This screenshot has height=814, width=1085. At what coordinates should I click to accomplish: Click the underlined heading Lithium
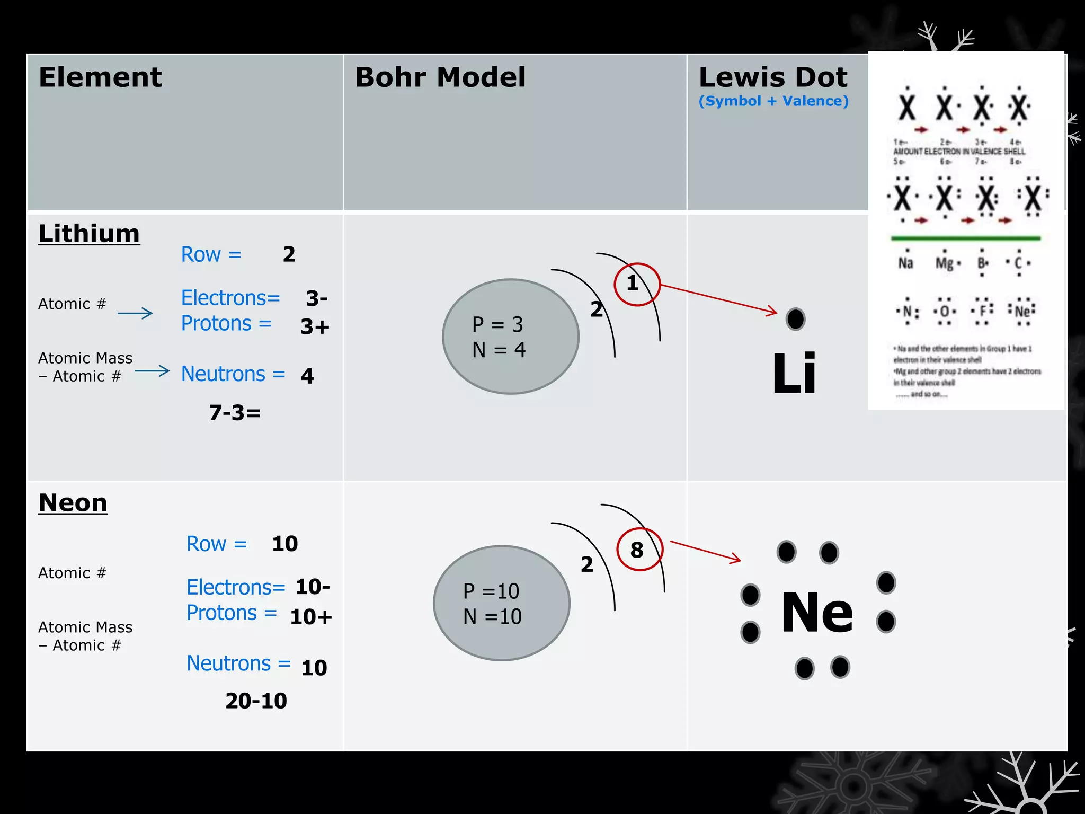point(89,234)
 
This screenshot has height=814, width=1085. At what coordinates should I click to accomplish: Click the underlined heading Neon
point(73,502)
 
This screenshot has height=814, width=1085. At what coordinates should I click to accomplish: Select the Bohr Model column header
point(440,77)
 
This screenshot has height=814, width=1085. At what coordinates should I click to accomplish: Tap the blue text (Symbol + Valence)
point(773,101)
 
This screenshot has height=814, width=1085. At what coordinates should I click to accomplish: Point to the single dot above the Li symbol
point(795,319)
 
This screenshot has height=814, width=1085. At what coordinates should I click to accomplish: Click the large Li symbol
point(794,374)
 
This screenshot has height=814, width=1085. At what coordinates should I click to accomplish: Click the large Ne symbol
point(817,613)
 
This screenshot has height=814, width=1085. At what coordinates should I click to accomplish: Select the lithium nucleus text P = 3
point(497,324)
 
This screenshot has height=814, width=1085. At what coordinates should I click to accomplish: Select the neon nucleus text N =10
point(492,616)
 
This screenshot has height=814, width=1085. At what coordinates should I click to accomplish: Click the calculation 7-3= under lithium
point(235,413)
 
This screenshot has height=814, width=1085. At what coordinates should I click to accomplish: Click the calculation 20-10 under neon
point(256,701)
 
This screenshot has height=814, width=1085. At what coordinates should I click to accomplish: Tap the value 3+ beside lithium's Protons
point(315,326)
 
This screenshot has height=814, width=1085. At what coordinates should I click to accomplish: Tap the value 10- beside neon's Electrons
point(313,587)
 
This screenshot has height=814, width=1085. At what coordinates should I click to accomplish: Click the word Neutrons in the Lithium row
point(223,374)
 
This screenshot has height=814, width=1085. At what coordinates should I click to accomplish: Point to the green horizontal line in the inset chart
point(965,238)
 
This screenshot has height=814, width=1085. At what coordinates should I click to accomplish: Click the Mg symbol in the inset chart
point(944,263)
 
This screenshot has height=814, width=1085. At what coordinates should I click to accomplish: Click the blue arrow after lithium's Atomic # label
point(135,313)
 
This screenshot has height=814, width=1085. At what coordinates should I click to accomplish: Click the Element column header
point(100,77)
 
